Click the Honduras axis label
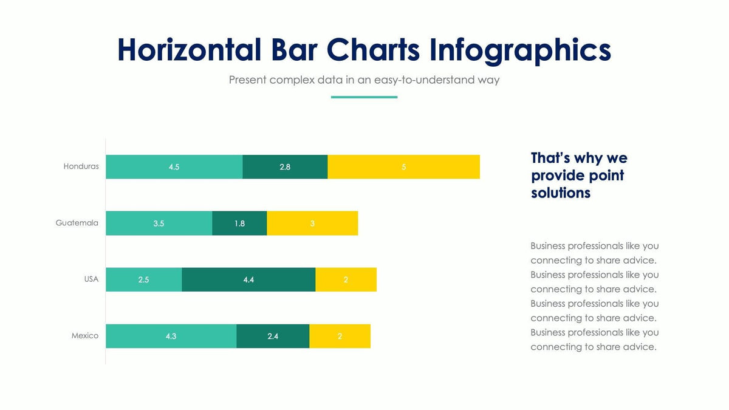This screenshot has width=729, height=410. pyautogui.click(x=81, y=166)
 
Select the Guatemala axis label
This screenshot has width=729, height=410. pyautogui.click(x=77, y=223)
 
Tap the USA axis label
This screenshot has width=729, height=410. pyautogui.click(x=91, y=279)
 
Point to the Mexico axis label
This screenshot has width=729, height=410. pyautogui.click(x=84, y=336)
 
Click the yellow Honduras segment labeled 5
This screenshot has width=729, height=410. pyautogui.click(x=403, y=167)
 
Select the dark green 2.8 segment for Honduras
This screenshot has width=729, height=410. pyautogui.click(x=285, y=167)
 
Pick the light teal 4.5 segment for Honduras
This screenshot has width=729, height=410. pyautogui.click(x=174, y=167)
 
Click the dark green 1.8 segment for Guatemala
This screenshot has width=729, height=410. pyautogui.click(x=239, y=224)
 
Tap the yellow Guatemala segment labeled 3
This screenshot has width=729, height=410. pyautogui.click(x=312, y=224)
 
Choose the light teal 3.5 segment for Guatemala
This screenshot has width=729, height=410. pyautogui.click(x=159, y=224)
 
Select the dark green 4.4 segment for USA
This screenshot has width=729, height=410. pyautogui.click(x=248, y=279)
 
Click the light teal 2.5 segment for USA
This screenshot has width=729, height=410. pyautogui.click(x=143, y=279)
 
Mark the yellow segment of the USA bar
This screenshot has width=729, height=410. pyautogui.click(x=346, y=279)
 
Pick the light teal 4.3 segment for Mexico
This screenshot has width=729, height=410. pyautogui.click(x=171, y=336)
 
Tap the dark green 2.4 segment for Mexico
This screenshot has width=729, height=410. pyautogui.click(x=273, y=336)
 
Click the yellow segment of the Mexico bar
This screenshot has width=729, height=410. pyautogui.click(x=340, y=336)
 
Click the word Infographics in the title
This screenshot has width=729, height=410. pyautogui.click(x=520, y=50)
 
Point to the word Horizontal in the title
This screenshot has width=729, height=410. pyautogui.click(x=189, y=50)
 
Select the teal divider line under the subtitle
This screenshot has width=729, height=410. pyautogui.click(x=364, y=97)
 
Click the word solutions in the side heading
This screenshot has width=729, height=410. pyautogui.click(x=560, y=193)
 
